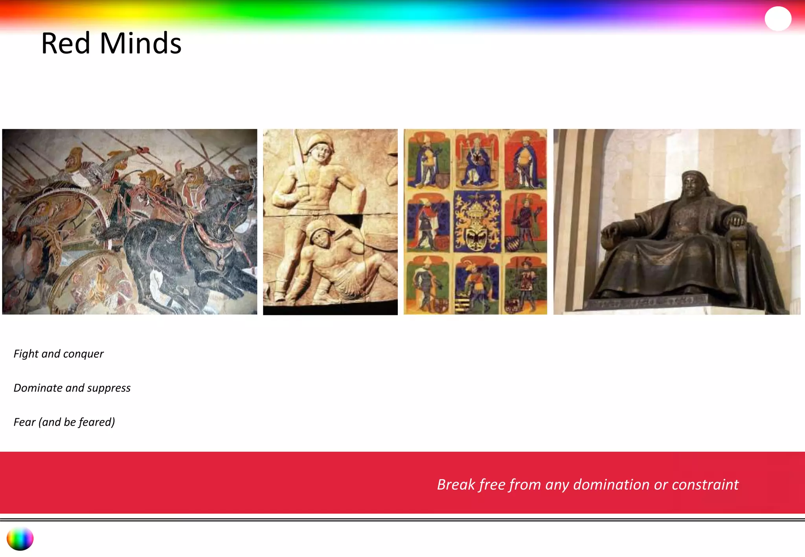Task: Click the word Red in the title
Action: (x=66, y=43)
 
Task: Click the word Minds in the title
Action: (x=140, y=43)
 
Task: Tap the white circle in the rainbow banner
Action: (x=778, y=18)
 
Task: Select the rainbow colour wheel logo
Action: (x=20, y=539)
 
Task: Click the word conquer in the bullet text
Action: (x=83, y=354)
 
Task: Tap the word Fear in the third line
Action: (x=24, y=422)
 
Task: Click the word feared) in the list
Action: (x=97, y=422)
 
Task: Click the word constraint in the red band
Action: (x=705, y=485)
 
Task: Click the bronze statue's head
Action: (x=695, y=184)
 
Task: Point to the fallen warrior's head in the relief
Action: (x=319, y=235)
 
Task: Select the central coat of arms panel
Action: (x=477, y=222)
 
